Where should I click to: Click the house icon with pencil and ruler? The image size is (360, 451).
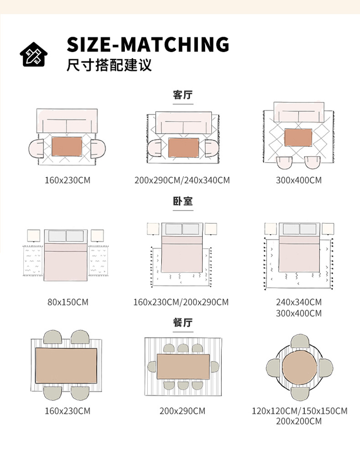point(33,54)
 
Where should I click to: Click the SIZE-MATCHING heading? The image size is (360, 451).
point(148,44)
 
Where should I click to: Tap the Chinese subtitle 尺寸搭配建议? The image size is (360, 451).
point(109,65)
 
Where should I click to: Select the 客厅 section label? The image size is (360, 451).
point(183,95)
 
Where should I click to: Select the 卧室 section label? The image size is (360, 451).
point(183,201)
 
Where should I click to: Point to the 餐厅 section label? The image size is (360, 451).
point(183,323)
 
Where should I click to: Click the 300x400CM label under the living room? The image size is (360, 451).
point(298,180)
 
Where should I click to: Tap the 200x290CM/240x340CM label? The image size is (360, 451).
point(182,180)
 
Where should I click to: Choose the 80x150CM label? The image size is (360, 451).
point(67,302)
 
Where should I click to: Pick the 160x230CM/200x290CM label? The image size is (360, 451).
point(181,302)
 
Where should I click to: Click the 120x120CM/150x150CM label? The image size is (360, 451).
point(299,411)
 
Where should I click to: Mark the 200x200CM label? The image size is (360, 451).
point(298,421)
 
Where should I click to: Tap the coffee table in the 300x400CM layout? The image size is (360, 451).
point(298,138)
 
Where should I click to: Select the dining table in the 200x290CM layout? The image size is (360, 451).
point(183,367)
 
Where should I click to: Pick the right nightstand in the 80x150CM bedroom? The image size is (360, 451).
point(97,235)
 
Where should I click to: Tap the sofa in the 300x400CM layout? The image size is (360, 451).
point(298,113)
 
